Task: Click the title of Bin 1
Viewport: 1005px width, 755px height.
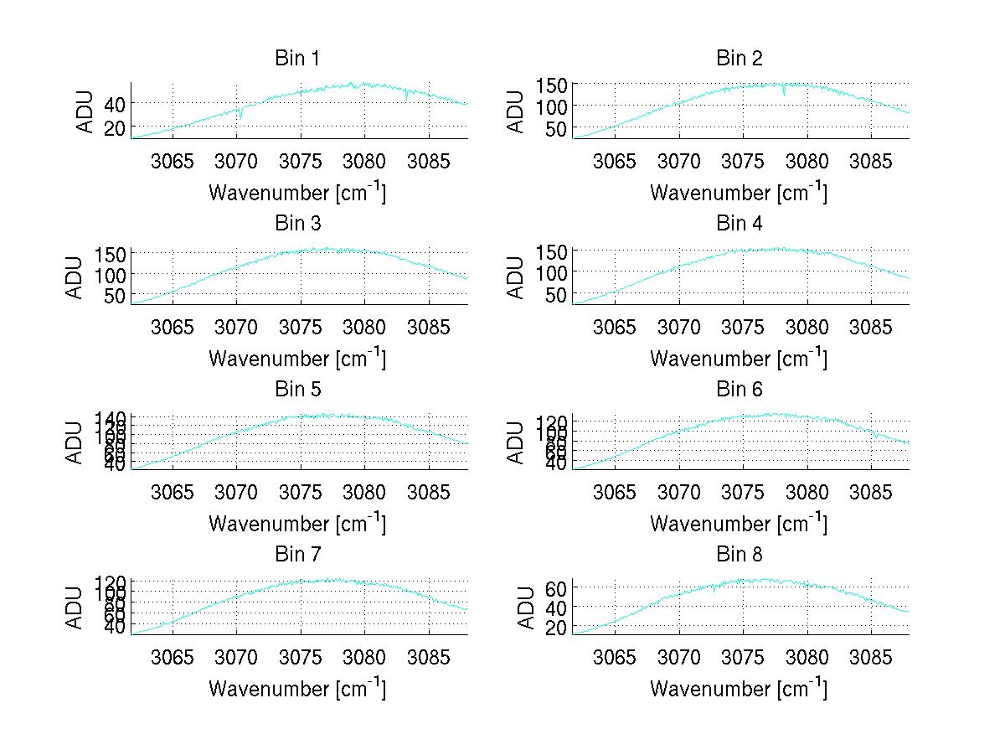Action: [x=297, y=59]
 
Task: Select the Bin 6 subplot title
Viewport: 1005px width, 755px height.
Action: [x=740, y=390]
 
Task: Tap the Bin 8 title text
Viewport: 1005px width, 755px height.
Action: [x=740, y=555]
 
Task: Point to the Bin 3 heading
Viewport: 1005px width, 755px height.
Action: [x=297, y=224]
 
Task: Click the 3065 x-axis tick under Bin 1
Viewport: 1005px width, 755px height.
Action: [x=173, y=160]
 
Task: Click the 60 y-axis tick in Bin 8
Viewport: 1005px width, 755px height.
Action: [x=558, y=587]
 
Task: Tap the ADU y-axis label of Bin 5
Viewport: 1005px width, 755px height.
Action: [x=76, y=442]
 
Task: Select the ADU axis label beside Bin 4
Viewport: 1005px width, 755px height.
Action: [x=518, y=277]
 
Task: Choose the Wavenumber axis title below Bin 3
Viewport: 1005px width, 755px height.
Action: [x=297, y=358]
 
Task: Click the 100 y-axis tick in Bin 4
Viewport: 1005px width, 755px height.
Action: [x=552, y=272]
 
